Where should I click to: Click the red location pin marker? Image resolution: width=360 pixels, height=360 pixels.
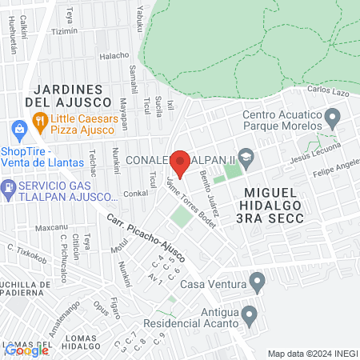tap(180, 164)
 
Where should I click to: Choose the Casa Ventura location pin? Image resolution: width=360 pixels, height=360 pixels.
tap(257, 282)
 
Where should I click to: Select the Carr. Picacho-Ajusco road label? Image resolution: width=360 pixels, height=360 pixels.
tap(145, 238)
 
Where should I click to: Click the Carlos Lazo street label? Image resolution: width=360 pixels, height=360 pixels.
tap(329, 91)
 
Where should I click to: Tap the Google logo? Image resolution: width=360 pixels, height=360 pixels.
tap(26, 350)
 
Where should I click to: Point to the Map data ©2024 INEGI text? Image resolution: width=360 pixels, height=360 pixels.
tap(312, 354)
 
